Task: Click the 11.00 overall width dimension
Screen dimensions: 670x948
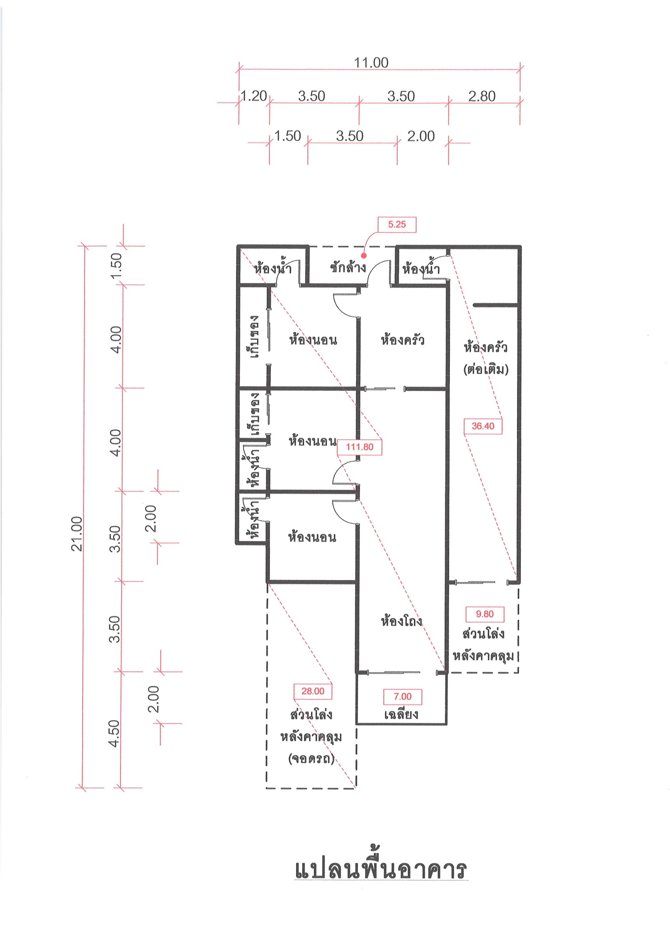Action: coord(371,63)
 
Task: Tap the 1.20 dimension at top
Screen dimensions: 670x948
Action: coord(254,96)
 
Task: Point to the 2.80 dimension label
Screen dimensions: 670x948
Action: coord(482,96)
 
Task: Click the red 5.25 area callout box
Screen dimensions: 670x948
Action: coord(397,225)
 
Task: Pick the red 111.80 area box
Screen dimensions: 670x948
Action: coord(360,447)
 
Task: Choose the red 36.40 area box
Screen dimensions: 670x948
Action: coord(483,426)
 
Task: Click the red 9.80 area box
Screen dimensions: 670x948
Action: coord(485,614)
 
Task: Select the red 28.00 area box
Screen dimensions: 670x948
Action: coord(313,691)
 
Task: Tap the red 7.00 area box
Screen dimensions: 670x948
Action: coord(403,696)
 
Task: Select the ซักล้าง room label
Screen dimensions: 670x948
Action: coord(348,267)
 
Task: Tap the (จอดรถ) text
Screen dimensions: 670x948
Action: coord(312,758)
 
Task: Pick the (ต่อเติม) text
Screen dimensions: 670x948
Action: coord(486,369)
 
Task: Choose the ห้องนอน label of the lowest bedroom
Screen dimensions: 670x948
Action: coord(312,537)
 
